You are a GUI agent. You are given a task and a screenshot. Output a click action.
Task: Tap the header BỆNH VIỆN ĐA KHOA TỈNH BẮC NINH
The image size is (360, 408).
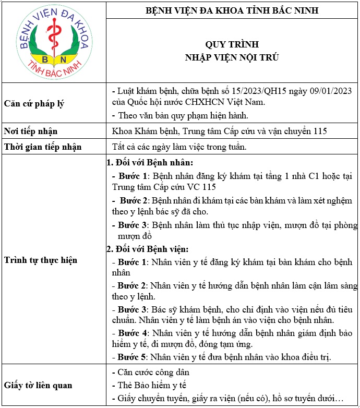point(232,10)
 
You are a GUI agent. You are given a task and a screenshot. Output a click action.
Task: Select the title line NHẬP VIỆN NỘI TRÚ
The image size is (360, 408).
point(232,57)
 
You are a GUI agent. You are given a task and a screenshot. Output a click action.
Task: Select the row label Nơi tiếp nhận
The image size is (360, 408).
point(31,131)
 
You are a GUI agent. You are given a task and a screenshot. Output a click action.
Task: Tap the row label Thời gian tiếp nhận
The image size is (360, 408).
point(43,147)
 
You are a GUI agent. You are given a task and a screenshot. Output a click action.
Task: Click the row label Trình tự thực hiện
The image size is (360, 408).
point(40,259)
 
